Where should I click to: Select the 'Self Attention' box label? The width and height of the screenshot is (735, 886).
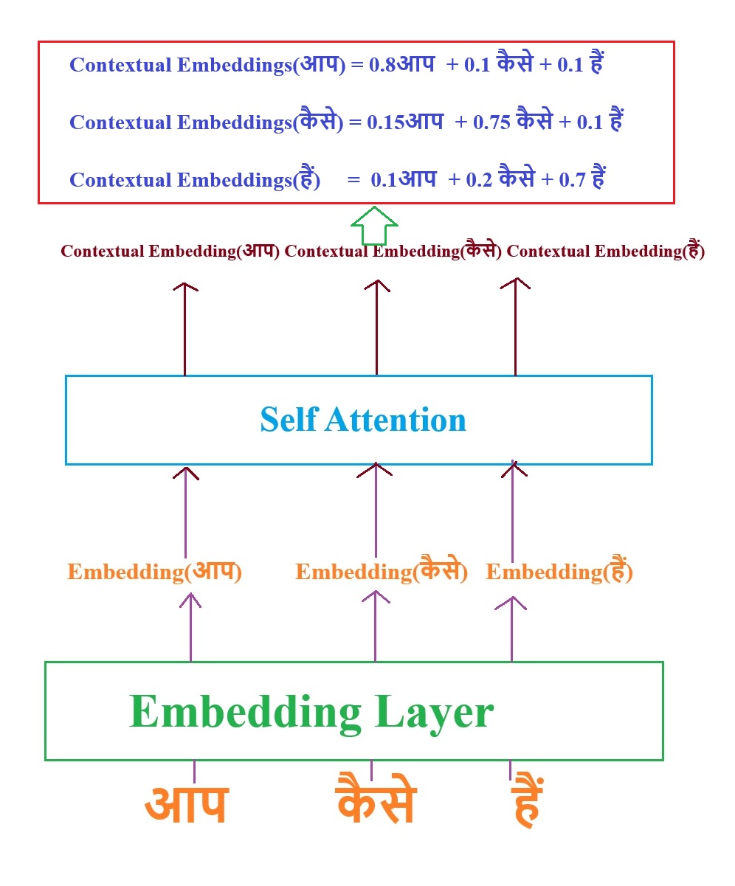pyautogui.click(x=363, y=420)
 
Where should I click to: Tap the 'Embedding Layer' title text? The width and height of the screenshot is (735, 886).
pyautogui.click(x=311, y=712)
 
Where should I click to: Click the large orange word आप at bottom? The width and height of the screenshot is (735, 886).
pyautogui.click(x=186, y=804)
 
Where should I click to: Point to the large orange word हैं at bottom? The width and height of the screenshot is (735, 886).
pyautogui.click(x=527, y=804)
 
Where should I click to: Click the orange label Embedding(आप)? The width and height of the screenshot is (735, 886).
pyautogui.click(x=155, y=572)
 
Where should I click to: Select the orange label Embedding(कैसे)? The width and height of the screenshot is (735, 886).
pyautogui.click(x=382, y=572)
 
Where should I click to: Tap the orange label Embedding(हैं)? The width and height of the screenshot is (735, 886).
pyautogui.click(x=559, y=572)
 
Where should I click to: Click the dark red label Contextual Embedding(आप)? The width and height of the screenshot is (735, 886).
pyautogui.click(x=170, y=252)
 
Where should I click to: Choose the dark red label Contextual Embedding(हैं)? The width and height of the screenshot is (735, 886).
pyautogui.click(x=606, y=252)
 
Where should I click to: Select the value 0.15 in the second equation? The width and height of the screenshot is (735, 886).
pyautogui.click(x=386, y=122)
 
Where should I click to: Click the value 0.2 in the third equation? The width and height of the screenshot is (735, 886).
pyautogui.click(x=479, y=179)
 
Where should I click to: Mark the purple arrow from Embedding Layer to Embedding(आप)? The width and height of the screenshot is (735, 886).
pyautogui.click(x=190, y=627)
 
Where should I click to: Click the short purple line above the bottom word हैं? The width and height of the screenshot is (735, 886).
pyautogui.click(x=510, y=771)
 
